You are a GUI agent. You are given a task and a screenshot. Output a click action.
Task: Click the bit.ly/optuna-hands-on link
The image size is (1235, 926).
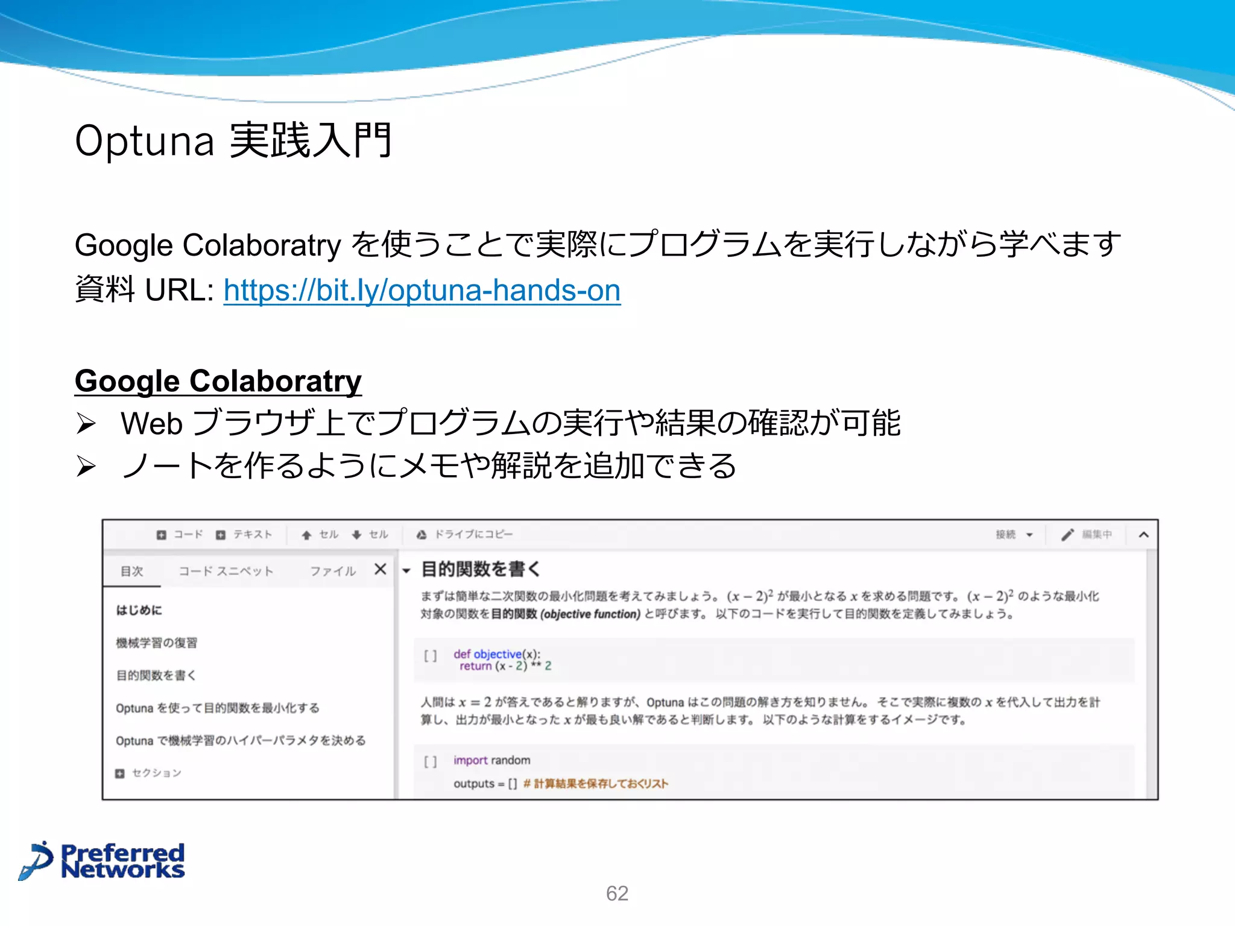coord(422,291)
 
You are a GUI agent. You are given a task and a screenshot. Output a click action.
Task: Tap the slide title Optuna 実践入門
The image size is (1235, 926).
coord(233,140)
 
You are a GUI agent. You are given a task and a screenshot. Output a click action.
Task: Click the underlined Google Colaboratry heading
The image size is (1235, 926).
coord(218,381)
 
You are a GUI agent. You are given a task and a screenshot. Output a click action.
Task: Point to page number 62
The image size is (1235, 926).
coord(617,893)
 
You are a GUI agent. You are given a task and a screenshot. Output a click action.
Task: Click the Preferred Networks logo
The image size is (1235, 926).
coord(103,861)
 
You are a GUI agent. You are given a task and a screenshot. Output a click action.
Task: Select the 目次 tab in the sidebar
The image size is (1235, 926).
coord(131,571)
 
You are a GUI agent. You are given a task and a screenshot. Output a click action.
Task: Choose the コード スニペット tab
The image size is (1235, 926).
coord(226,571)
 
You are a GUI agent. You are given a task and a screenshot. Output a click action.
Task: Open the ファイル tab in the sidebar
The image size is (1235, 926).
coord(333,571)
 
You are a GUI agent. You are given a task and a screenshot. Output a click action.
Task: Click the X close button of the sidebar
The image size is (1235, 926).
coord(380,569)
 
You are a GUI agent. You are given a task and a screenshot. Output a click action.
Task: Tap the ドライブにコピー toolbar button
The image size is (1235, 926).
coord(465,534)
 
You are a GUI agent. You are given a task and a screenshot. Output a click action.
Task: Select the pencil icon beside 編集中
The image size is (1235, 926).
coord(1067,534)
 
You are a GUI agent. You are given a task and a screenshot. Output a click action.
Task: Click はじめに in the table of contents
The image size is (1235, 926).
coord(139,610)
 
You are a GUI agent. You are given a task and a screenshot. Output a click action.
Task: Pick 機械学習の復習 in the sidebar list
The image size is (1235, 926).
coord(156,643)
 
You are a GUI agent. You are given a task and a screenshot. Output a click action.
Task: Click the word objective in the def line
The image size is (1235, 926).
coord(497,654)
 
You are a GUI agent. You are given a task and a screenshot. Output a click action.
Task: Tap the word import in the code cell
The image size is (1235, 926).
coord(470,760)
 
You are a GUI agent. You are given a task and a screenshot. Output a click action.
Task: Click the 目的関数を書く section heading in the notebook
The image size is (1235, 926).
coord(480,569)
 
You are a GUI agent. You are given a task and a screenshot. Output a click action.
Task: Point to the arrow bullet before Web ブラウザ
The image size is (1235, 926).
coord(86,424)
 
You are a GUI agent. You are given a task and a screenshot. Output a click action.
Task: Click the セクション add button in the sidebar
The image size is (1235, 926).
coord(148,773)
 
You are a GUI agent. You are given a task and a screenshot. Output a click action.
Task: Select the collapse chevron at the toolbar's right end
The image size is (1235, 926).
coord(1143,534)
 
